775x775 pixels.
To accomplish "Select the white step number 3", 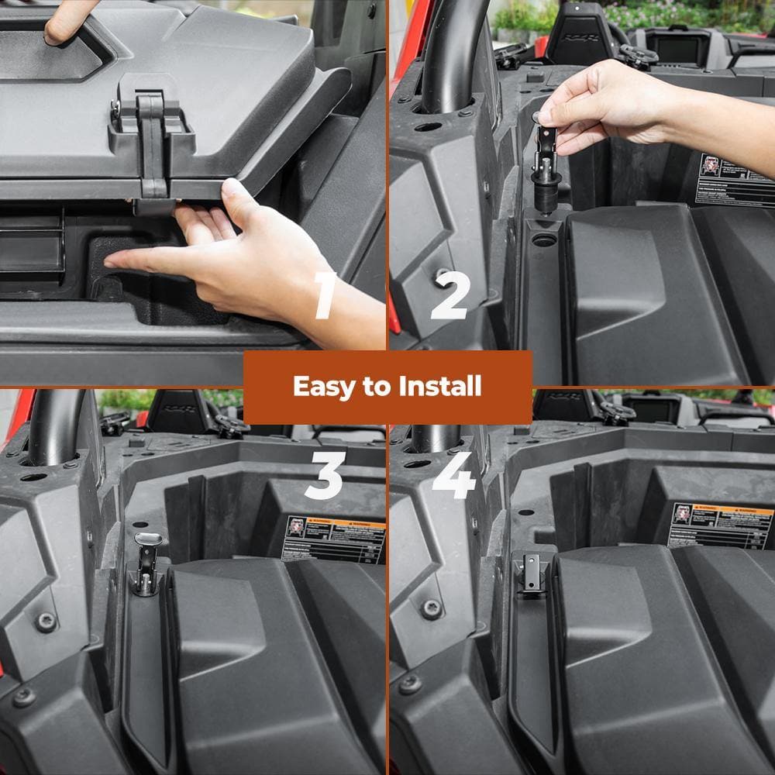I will click(x=324, y=474).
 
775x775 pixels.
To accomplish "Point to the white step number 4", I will click(x=453, y=474).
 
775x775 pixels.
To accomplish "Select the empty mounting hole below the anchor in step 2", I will click(x=545, y=240).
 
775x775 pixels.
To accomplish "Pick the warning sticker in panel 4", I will click(x=721, y=525).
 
